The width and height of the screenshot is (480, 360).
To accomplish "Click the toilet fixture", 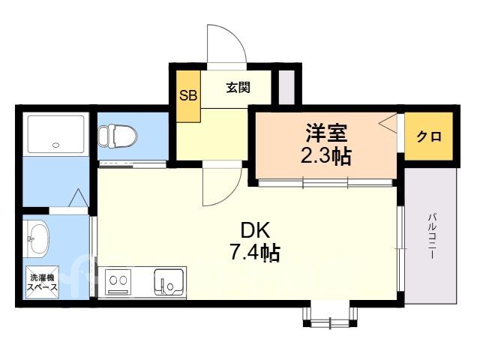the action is coord(118,135).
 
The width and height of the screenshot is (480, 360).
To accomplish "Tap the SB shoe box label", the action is coord(188,96).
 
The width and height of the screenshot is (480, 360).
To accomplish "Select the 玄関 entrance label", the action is coord(238,88).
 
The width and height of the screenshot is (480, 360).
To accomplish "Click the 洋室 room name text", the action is coord(326,133).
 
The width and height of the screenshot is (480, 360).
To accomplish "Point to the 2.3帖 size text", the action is coord(325,156).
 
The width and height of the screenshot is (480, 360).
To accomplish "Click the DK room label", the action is coord(256,230).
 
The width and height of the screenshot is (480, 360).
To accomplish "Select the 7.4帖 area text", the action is coord(255,253).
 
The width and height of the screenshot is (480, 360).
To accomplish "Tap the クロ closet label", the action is coord(429,136).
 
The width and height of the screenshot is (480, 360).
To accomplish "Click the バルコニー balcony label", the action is coord(432,237).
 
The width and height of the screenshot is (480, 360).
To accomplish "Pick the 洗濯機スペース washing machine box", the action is coord(42,282).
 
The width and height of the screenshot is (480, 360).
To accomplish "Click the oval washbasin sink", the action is coord(38,239).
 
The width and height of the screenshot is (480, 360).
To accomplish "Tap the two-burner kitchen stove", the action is coord(118,282).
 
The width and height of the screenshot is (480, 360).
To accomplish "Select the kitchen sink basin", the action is coord(170,282).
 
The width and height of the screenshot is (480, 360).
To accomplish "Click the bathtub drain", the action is coord(55,145).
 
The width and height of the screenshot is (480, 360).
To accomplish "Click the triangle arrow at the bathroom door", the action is coord(78,198).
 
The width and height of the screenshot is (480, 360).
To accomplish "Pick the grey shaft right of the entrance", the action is coord(286,87).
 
